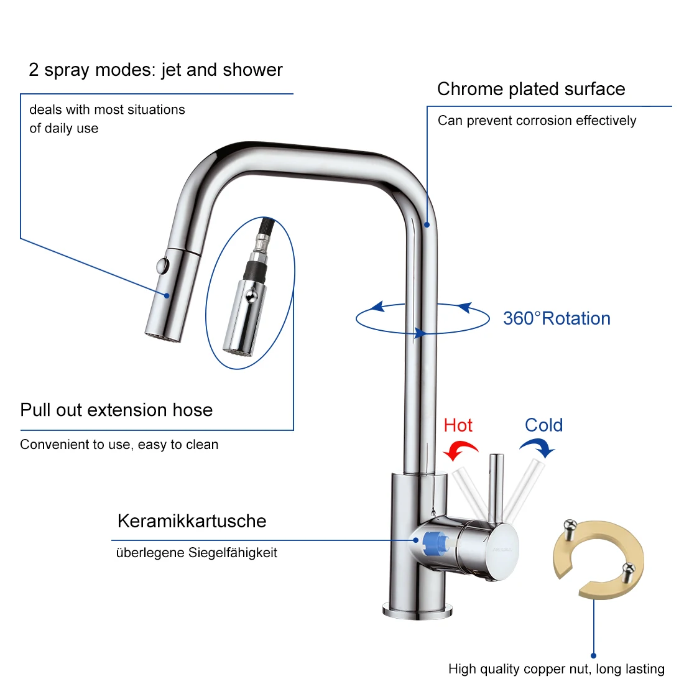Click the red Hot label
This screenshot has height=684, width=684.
click(x=458, y=425)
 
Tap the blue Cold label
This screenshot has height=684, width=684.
click(x=543, y=425)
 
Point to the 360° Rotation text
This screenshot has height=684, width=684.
click(x=557, y=318)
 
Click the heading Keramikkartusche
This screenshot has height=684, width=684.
click(x=192, y=521)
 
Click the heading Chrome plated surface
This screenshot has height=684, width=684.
click(x=531, y=89)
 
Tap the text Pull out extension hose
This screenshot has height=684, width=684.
click(x=116, y=410)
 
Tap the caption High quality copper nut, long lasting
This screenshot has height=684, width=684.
click(x=557, y=669)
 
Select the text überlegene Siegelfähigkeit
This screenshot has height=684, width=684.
click(x=196, y=553)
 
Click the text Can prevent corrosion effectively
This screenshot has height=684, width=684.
click(x=537, y=121)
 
